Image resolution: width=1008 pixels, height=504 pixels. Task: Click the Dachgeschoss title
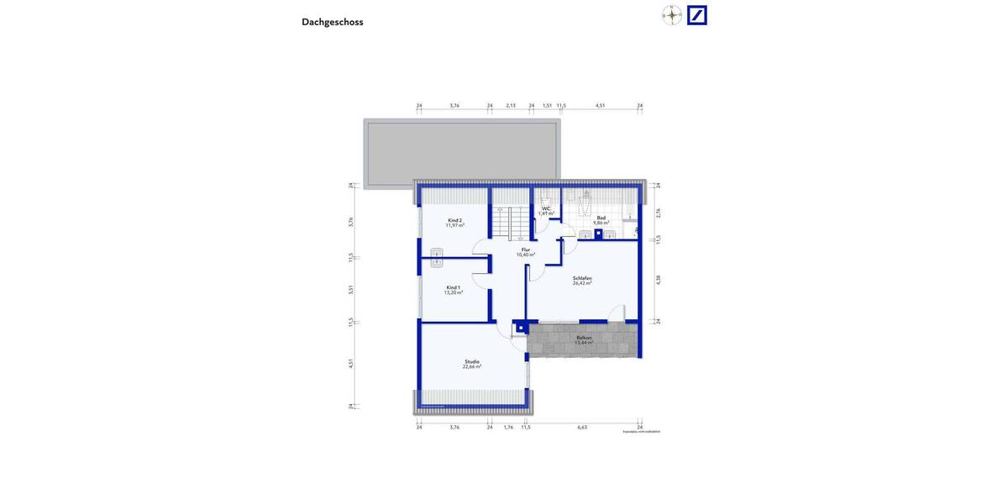tap(333, 22)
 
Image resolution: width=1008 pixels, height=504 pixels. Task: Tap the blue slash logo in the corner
tap(697, 15)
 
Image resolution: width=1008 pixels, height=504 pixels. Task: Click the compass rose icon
tap(672, 15)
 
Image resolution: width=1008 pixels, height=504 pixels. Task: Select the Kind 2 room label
tap(454, 220)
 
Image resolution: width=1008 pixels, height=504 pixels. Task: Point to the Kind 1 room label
tap(454, 287)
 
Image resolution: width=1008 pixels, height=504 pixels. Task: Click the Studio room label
tap(472, 361)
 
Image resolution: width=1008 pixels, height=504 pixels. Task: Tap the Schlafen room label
tap(582, 278)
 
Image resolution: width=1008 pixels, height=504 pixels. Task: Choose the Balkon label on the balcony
tap(584, 338)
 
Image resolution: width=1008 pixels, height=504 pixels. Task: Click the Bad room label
tap(601, 218)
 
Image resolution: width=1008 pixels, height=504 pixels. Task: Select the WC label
tap(546, 208)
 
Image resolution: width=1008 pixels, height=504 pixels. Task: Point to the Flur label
tap(526, 249)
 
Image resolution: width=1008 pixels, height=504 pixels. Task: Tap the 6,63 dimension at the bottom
tap(582, 427)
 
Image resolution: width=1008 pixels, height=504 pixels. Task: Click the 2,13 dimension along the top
tap(511, 106)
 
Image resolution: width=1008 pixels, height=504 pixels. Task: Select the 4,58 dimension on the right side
tap(659, 280)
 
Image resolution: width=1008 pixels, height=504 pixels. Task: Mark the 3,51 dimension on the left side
tap(351, 290)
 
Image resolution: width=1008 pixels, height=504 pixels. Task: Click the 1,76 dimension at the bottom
tap(508, 427)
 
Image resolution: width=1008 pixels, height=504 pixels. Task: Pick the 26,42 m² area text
tap(582, 284)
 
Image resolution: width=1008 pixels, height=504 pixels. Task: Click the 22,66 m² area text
tap(472, 367)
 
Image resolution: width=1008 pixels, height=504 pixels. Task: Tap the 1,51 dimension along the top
tap(547, 106)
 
